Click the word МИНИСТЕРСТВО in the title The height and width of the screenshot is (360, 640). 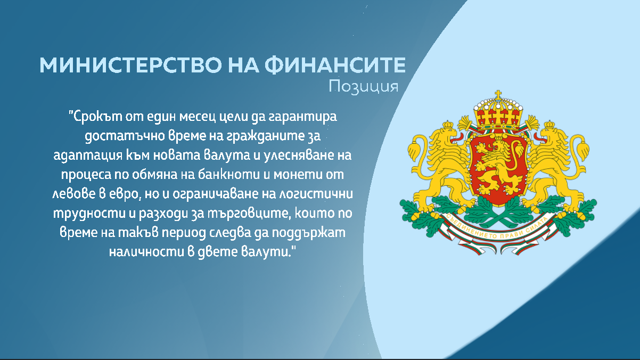pyautogui.click(x=130, y=65)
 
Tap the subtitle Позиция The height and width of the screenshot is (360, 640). pyautogui.click(x=364, y=86)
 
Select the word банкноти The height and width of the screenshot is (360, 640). pyautogui.click(x=229, y=174)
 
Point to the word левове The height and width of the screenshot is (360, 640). pyautogui.click(x=73, y=194)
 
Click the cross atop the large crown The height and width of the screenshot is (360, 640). pyautogui.click(x=498, y=95)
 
